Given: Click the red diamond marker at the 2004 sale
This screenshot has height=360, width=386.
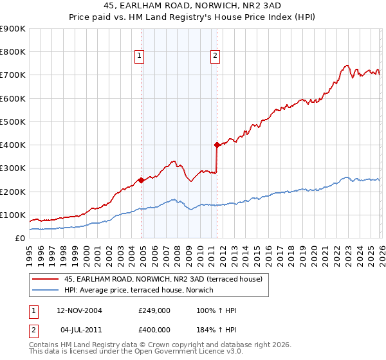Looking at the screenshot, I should [141, 180].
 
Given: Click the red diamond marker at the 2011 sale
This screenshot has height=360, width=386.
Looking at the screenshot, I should [217, 145].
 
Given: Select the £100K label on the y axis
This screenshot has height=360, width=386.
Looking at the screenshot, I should [13, 215].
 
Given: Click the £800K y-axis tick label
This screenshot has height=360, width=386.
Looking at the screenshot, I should [13, 51].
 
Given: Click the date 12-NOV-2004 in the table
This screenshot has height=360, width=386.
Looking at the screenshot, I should [79, 310].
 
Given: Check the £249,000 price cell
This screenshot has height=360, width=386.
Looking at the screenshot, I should [154, 310].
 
